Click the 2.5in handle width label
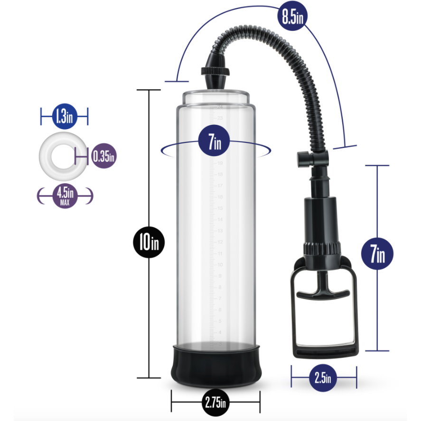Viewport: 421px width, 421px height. (x=323, y=378)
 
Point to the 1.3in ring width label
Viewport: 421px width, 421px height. (x=64, y=116)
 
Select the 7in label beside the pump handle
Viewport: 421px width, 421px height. (x=378, y=255)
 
